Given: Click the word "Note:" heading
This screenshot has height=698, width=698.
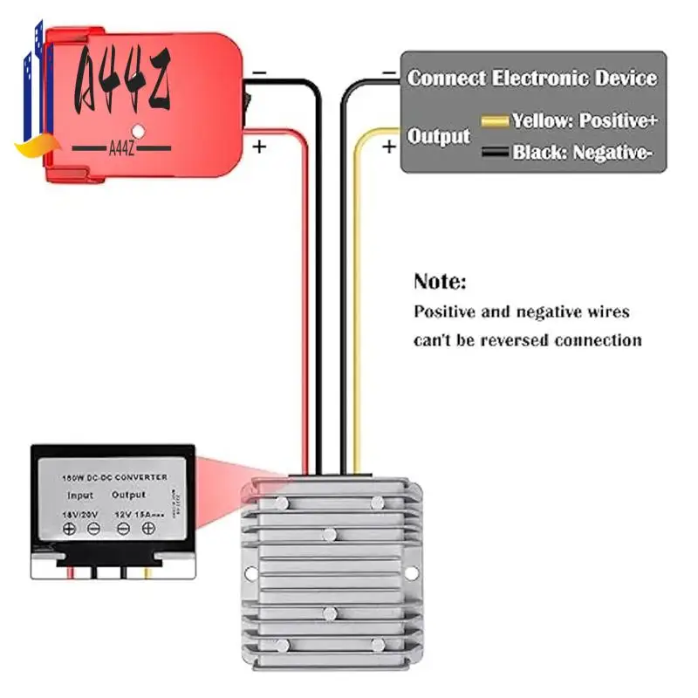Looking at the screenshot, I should (x=440, y=282).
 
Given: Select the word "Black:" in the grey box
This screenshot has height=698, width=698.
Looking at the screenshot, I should (x=538, y=153).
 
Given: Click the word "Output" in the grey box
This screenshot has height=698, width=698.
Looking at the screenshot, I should (x=439, y=136).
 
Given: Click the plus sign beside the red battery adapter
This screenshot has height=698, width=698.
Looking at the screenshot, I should (x=258, y=147).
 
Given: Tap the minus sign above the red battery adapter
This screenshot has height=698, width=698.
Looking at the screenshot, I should (x=260, y=75).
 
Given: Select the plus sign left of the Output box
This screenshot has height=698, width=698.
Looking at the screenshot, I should (x=388, y=147).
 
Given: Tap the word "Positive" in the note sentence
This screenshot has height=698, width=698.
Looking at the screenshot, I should (x=444, y=311).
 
